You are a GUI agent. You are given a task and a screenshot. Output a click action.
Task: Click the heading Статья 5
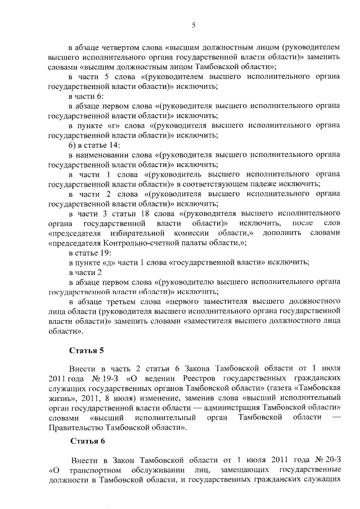[87, 351]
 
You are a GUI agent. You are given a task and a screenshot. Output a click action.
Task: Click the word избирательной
[138, 233]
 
